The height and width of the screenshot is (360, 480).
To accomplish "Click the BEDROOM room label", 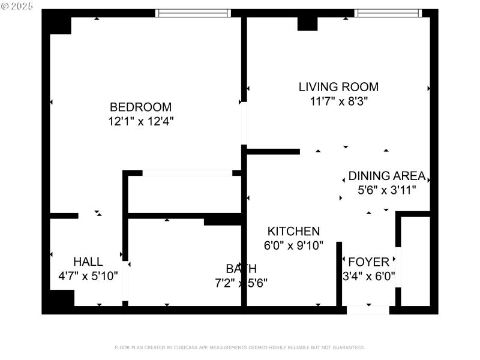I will point(140,107).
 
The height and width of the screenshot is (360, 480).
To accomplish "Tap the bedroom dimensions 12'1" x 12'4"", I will point(140,121).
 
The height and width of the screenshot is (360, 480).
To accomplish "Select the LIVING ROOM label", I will point(338,87).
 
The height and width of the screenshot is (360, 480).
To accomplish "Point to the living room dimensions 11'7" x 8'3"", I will point(338,101).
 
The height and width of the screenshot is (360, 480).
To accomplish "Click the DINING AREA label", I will point(386,176).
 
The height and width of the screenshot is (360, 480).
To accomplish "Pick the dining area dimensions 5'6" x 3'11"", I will point(386,190).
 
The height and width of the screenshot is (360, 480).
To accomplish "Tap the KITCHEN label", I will point(293,231).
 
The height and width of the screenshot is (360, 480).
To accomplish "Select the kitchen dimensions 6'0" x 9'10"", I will point(293,245).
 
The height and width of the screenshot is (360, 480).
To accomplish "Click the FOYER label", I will point(368,262).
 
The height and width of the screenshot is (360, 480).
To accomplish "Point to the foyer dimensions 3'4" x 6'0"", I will point(368,277).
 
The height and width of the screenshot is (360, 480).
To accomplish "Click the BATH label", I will point(241,268).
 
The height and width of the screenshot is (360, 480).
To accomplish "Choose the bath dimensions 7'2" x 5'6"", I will point(241,283).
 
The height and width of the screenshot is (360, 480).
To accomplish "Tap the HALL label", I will point(88,262).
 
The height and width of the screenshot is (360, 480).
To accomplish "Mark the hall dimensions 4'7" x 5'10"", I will point(88,276).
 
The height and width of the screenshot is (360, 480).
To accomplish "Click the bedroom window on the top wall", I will point(193,13).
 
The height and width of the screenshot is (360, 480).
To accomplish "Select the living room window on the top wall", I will point(388,13).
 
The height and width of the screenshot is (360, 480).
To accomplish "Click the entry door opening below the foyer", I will point(368,310).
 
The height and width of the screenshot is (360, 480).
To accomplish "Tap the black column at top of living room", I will point(307,23).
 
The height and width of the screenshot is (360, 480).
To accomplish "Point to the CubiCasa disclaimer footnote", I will point(239,347).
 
